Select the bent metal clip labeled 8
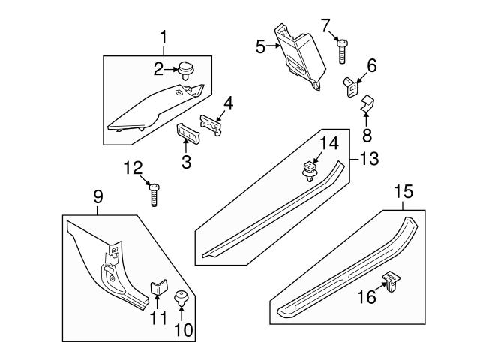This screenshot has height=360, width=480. click(365, 105)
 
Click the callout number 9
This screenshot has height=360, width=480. click(97, 196)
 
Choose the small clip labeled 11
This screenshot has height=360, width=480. click(157, 287)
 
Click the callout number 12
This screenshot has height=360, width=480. click(132, 169)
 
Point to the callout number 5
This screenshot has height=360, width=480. click(260, 46)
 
